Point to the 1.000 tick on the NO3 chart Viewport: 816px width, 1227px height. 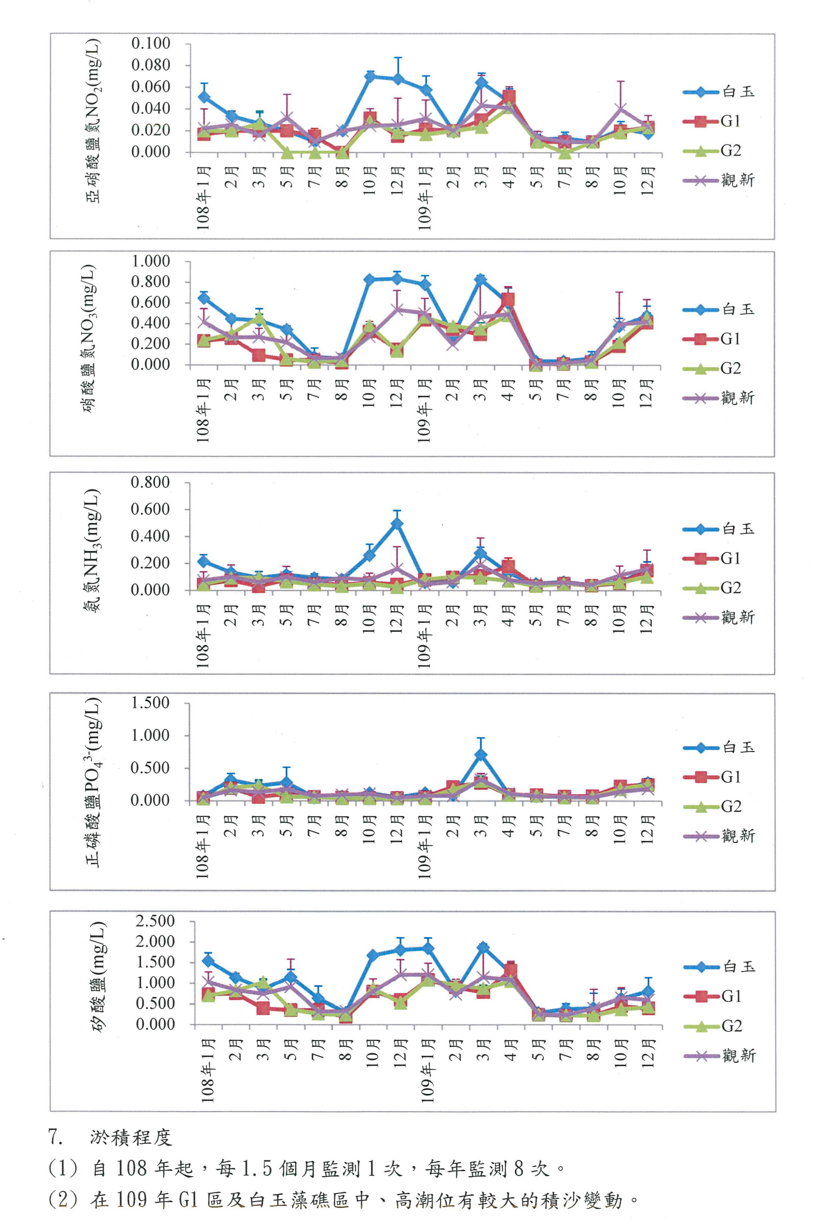tap(150, 261)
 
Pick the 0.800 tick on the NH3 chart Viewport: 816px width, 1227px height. tap(150, 482)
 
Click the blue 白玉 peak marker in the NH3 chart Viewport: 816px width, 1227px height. tap(397, 524)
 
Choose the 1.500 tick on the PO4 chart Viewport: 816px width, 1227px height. tap(150, 703)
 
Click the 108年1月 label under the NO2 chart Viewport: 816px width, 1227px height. tap(203, 198)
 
